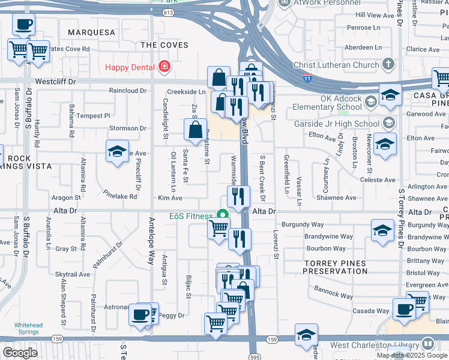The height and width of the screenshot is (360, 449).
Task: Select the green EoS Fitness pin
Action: tap(223, 214)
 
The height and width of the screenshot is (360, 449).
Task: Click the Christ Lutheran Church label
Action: tap(336, 65)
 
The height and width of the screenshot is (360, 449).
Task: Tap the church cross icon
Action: tap(388, 64)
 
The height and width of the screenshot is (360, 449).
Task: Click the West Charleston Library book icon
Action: tap(427, 344)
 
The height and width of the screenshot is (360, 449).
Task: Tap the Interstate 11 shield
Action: tap(307, 79)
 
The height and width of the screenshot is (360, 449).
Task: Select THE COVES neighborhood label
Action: tap(164, 45)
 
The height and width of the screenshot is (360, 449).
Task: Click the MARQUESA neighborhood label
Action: tap(91, 32)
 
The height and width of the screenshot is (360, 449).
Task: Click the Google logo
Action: tap(20, 352)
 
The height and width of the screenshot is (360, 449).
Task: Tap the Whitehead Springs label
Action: tap(29, 328)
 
